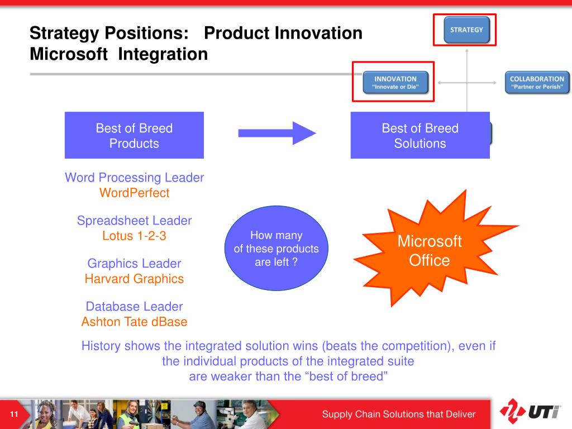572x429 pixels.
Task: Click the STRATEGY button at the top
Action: point(466,30)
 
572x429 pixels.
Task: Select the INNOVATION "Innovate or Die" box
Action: point(395,83)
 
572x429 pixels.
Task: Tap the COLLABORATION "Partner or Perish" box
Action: point(537,83)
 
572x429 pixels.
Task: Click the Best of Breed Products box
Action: point(134,136)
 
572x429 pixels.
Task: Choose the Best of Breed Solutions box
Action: point(420,136)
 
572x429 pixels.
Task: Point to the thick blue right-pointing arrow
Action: point(277,133)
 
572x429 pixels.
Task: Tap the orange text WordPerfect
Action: point(134,193)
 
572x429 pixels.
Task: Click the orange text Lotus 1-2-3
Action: point(134,236)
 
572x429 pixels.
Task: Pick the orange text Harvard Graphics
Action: point(134,279)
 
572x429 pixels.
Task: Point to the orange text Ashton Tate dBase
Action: point(134,322)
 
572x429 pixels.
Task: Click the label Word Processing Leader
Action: point(134,178)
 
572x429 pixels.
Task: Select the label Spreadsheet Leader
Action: point(134,221)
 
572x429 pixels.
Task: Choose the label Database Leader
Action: point(134,307)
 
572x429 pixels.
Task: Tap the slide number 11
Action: point(15,414)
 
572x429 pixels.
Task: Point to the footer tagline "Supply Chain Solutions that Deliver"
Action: point(398,414)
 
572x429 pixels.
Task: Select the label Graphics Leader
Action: point(134,263)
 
